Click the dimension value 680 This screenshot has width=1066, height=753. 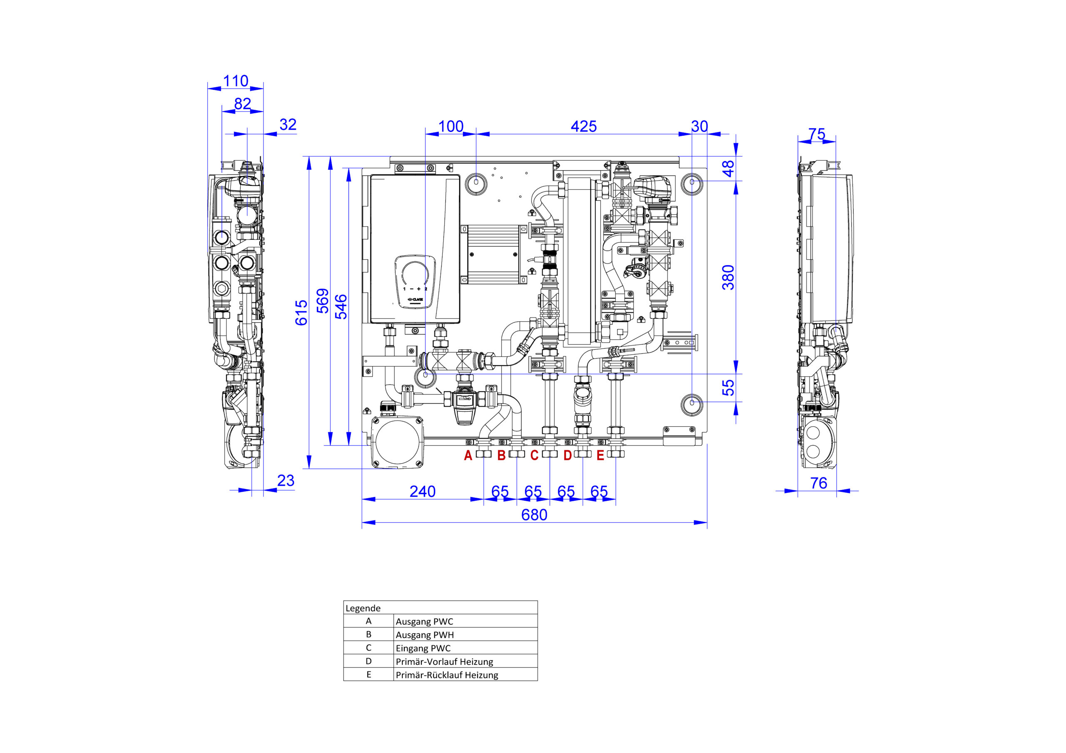pyautogui.click(x=534, y=515)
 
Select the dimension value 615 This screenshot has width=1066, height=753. pyautogui.click(x=301, y=313)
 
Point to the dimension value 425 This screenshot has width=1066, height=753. pyautogui.click(x=584, y=126)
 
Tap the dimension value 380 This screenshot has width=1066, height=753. pyautogui.click(x=728, y=278)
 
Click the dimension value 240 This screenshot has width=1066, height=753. pyautogui.click(x=423, y=492)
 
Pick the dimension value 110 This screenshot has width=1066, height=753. pyautogui.click(x=236, y=81)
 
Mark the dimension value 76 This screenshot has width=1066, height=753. pyautogui.click(x=819, y=483)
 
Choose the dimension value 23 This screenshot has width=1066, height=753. pyautogui.click(x=286, y=480)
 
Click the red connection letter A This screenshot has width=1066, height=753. pyautogui.click(x=468, y=456)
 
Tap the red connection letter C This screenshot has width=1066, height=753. pyautogui.click(x=534, y=456)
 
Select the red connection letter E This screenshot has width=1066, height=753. pyautogui.click(x=600, y=456)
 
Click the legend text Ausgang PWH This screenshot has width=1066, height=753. pyautogui.click(x=425, y=635)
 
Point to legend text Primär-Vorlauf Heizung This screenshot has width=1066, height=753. pyautogui.click(x=444, y=661)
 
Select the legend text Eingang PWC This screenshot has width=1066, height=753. pyautogui.click(x=423, y=649)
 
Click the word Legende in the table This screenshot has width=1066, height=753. pyautogui.click(x=363, y=608)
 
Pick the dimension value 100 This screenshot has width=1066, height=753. pyautogui.click(x=451, y=126)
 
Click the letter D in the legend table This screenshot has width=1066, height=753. pyautogui.click(x=369, y=661)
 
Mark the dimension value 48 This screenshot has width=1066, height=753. pyautogui.click(x=728, y=169)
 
